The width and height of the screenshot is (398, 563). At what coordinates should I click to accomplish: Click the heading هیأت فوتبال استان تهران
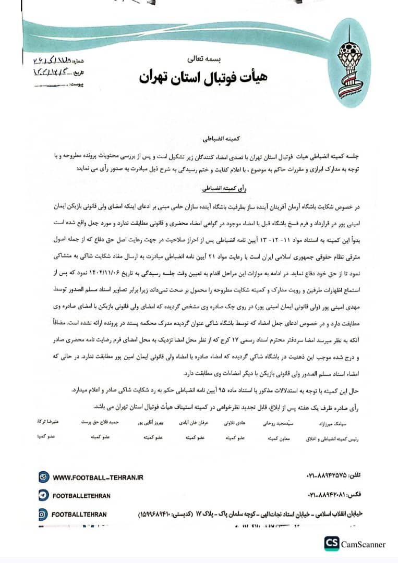click(x=203, y=77)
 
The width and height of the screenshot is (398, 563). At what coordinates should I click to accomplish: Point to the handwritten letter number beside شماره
click(x=55, y=62)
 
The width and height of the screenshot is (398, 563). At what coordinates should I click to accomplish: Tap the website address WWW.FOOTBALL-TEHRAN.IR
click(x=98, y=477)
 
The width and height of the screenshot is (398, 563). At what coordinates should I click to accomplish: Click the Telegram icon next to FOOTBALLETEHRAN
click(x=44, y=495)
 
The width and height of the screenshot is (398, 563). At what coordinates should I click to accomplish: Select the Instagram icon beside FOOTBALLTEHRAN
click(x=44, y=514)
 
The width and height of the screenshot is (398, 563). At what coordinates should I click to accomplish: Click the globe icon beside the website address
click(x=44, y=477)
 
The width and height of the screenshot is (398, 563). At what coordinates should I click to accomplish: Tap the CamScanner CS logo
click(x=331, y=544)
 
